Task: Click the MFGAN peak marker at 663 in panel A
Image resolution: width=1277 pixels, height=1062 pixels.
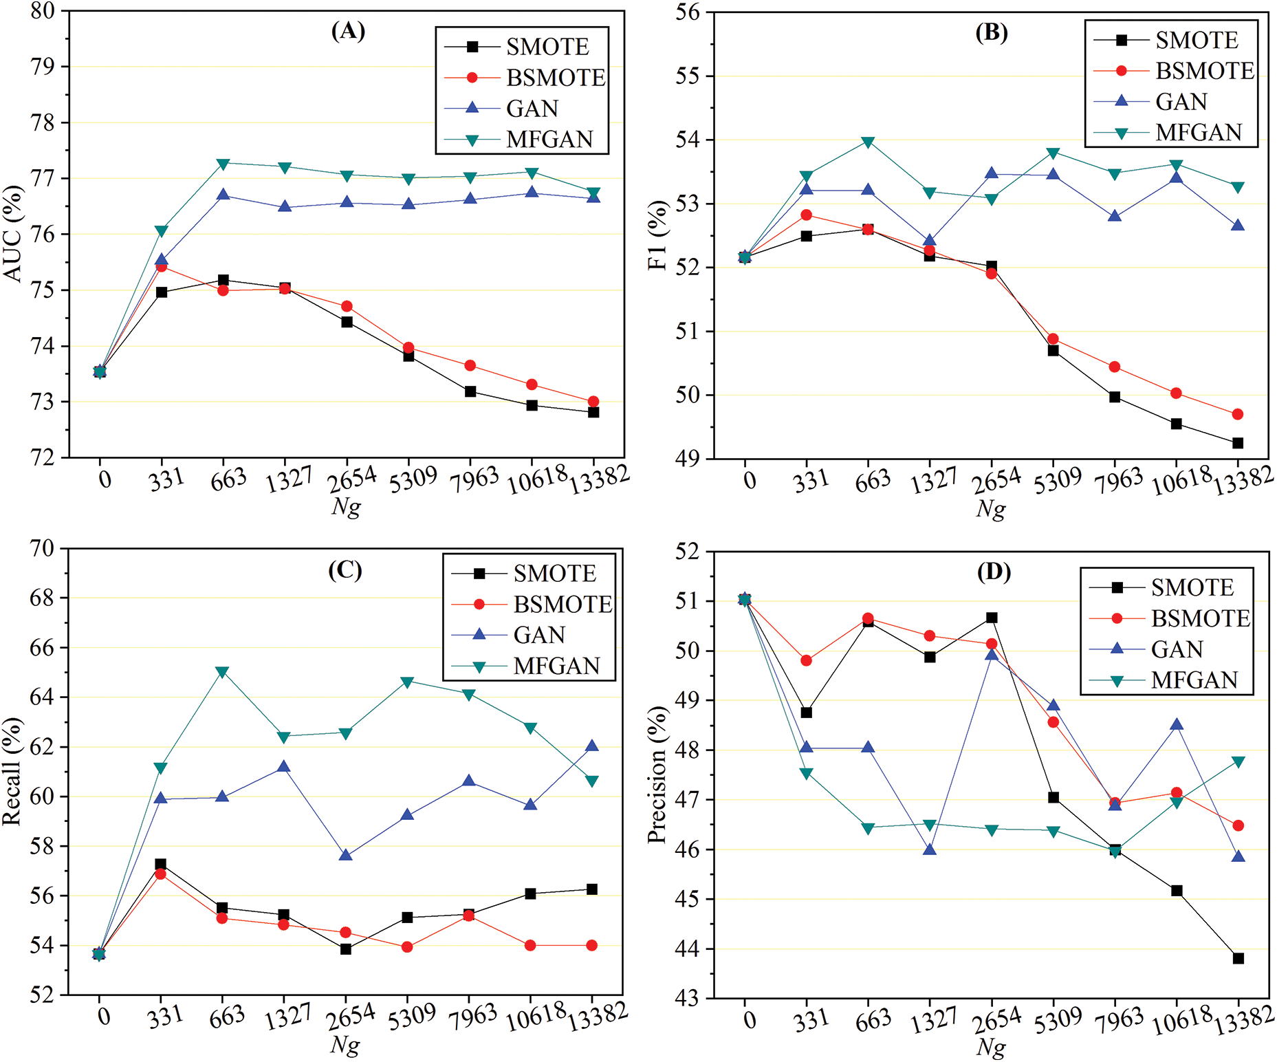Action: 223,164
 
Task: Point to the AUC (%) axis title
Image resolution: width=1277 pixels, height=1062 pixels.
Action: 14,234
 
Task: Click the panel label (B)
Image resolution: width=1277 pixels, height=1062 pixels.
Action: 991,32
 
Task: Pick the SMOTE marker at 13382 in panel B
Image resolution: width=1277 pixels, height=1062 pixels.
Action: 1238,443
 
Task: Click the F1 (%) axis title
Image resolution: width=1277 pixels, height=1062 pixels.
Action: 658,235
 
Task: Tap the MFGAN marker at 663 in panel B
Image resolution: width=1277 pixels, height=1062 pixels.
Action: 868,142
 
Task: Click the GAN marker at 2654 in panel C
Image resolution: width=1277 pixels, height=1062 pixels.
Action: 346,855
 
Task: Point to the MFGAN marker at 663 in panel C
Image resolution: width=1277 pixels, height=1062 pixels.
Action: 222,672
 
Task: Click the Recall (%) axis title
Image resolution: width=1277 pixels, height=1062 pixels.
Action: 12,771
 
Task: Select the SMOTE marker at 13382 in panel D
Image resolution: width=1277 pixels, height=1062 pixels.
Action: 1238,958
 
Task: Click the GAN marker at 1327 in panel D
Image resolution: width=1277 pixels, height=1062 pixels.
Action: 930,849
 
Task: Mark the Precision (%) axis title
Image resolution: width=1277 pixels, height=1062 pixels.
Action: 657,774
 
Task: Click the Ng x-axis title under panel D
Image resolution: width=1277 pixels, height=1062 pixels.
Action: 990,1047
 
